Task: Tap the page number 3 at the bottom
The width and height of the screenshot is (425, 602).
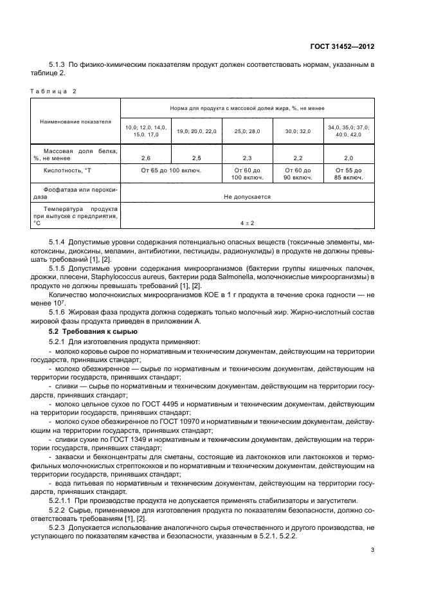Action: pyautogui.click(x=373, y=549)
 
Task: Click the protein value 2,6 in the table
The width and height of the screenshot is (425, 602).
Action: pyautogui.click(x=145, y=157)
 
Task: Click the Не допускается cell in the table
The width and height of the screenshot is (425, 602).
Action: pyautogui.click(x=247, y=197)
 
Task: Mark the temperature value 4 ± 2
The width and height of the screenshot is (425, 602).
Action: pyautogui.click(x=247, y=223)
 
